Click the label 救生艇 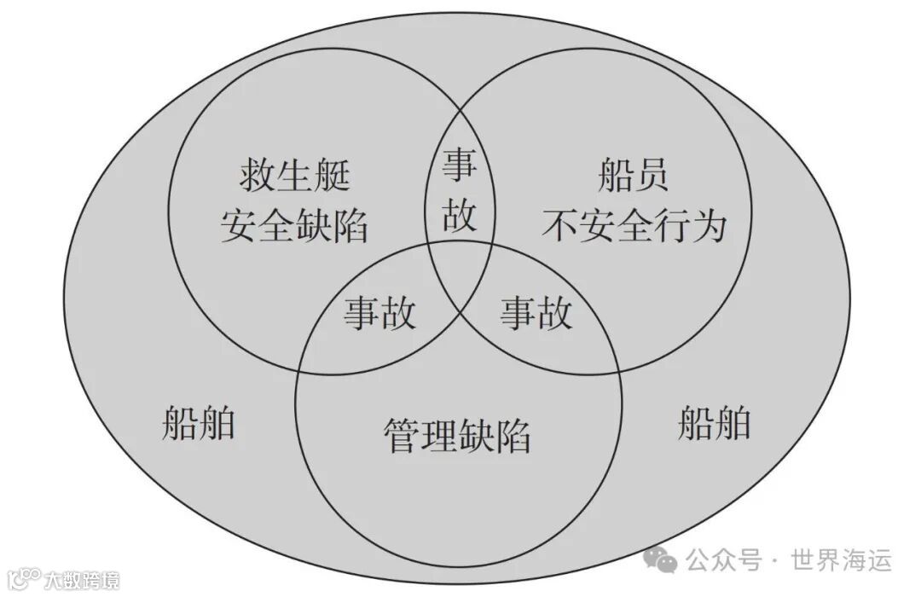(294, 177)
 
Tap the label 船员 (633, 177)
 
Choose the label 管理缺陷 (457, 436)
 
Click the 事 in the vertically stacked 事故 (460, 166)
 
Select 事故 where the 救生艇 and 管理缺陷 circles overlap (380, 313)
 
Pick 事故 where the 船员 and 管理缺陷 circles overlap (536, 313)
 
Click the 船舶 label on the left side (198, 422)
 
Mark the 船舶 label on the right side (715, 422)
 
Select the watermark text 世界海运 (842, 560)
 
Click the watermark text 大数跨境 (82, 580)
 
